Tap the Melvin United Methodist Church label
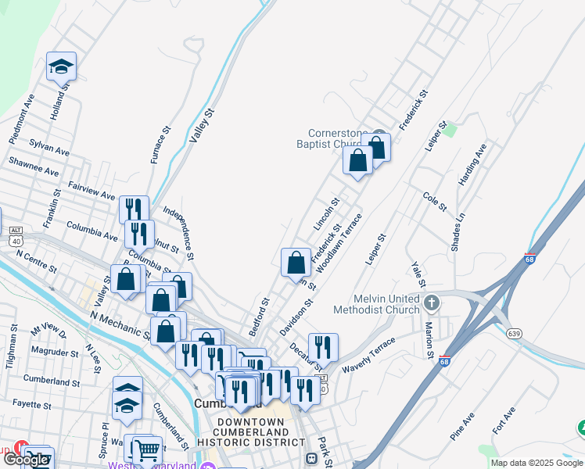click(376, 304)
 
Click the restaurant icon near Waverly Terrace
click(323, 345)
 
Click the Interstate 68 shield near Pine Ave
click(444, 361)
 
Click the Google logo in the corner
click(25, 460)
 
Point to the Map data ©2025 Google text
click(537, 463)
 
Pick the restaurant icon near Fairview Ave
click(134, 209)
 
